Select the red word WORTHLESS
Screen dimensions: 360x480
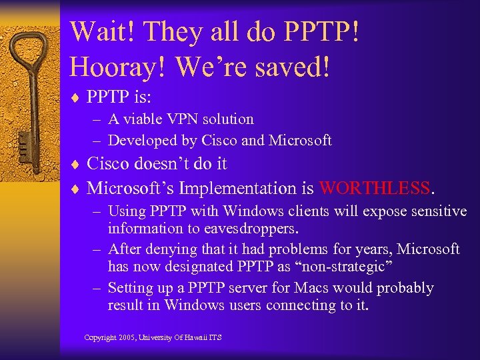(375, 188)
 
